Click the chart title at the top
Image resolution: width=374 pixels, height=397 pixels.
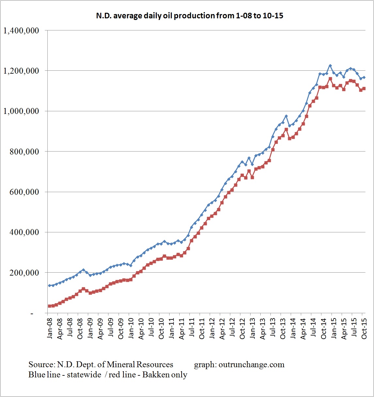point(189,16)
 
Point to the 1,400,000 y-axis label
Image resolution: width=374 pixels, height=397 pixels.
point(21,31)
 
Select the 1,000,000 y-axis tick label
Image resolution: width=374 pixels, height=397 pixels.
point(21,111)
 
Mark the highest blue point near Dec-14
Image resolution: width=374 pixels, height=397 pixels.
point(330,66)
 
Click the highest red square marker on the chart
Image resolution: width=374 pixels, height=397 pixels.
point(330,79)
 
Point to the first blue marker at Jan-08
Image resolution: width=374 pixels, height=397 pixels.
point(49,285)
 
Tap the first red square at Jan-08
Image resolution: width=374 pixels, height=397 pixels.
point(49,306)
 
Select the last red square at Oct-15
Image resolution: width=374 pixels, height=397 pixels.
point(364,88)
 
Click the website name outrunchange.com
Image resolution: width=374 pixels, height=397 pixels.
point(251,365)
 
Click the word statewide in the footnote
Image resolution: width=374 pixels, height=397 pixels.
point(84,375)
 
